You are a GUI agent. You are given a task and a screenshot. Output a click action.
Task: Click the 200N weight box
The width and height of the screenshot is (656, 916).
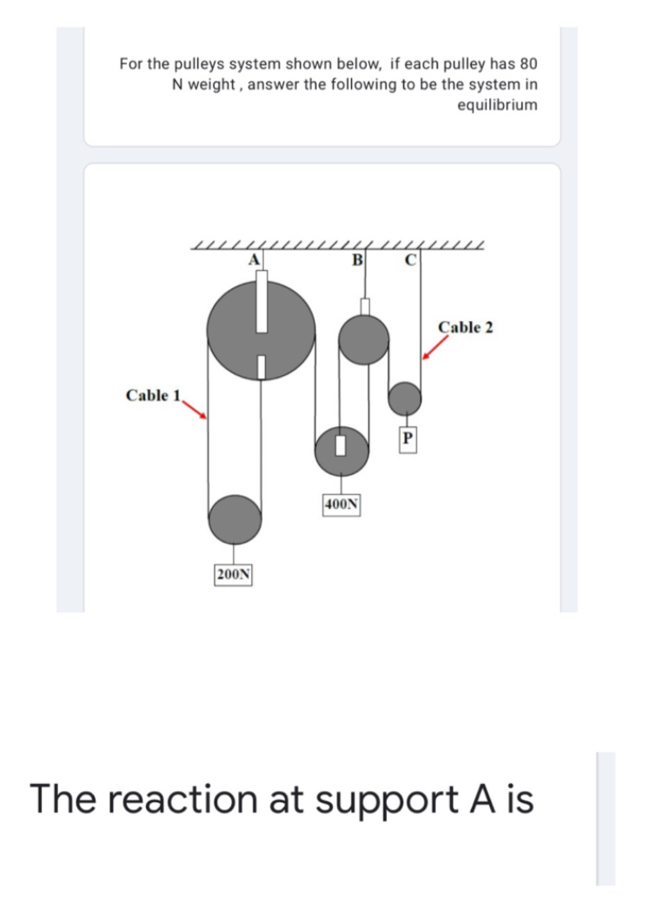point(233,574)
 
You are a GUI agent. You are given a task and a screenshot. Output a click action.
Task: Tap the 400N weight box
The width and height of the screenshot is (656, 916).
point(342,504)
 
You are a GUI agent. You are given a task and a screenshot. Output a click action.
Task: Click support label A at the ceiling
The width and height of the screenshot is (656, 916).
point(255,257)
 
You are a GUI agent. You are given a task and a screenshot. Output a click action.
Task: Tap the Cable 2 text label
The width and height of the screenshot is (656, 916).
point(466,327)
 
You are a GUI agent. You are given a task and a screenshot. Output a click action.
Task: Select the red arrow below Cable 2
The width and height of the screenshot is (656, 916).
point(435,347)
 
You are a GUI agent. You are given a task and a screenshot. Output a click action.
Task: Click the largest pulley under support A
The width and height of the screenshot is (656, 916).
point(261,329)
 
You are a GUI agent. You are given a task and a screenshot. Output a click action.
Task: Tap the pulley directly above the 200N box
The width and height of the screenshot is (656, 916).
point(234,519)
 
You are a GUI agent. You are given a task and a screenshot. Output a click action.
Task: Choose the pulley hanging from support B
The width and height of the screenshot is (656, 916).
point(363,340)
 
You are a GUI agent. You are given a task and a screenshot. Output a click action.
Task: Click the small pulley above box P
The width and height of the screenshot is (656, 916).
point(405,399)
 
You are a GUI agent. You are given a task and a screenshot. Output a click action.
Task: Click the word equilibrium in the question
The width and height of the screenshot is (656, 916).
point(496,105)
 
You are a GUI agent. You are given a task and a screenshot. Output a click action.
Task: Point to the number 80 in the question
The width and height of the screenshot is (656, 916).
point(528,64)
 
